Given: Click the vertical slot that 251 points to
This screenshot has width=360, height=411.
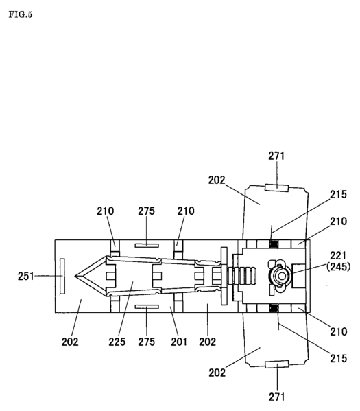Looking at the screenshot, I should tap(62, 277).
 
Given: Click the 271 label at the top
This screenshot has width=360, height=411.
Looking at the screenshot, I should tap(276, 156).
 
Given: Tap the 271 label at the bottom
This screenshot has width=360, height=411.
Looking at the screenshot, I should tap(276, 396).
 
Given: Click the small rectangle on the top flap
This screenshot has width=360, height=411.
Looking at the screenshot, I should tap(276, 187).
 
